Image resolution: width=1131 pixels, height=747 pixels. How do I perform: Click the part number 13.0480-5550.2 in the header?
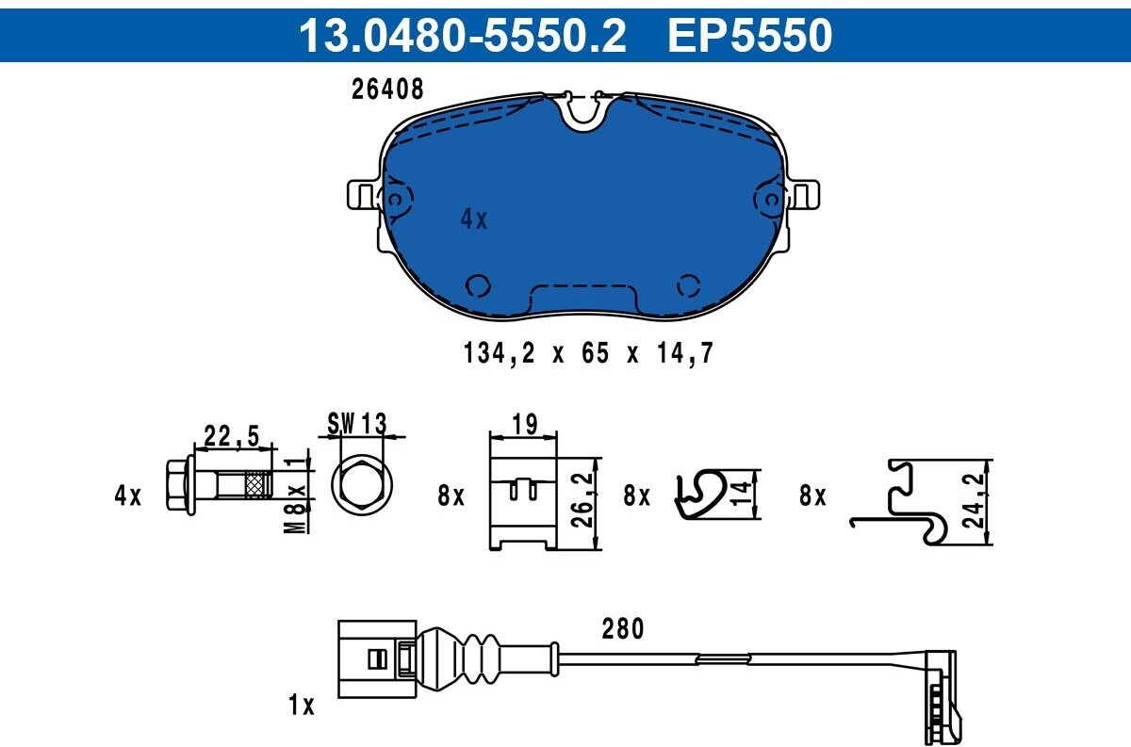coord(463,35)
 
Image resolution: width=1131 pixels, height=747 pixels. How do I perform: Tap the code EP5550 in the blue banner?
coord(750,35)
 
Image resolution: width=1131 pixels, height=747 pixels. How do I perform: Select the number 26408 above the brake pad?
coord(387,89)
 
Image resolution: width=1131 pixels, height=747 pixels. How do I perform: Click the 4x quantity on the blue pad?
coord(473,219)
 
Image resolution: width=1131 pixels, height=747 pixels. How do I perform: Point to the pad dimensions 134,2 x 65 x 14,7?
coord(588,353)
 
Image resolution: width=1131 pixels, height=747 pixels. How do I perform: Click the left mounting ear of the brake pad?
coord(363,194)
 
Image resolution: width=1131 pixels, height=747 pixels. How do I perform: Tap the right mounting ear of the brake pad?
coord(803,194)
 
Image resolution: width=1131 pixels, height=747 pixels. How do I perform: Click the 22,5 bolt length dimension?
coord(232,436)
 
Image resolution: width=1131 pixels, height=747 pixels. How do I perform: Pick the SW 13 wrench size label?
coord(357,424)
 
